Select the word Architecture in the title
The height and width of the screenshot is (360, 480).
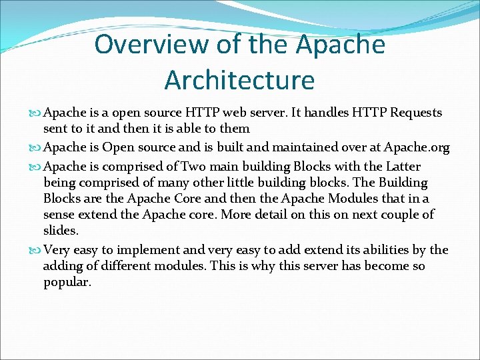click(239, 79)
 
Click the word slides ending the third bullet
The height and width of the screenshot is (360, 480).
click(61, 230)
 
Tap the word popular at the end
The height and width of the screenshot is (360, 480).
click(67, 282)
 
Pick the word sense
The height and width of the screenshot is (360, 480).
click(59, 215)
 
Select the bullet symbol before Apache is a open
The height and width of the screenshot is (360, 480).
click(35, 113)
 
